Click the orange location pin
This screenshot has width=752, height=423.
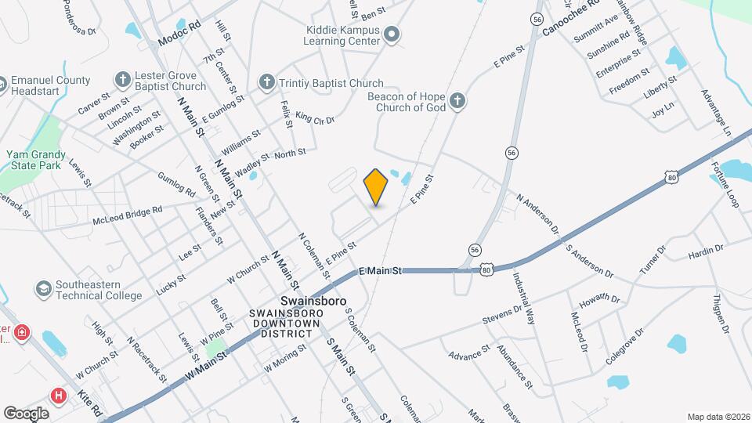tap(376, 186)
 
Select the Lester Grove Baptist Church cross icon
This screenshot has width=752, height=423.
tap(122, 79)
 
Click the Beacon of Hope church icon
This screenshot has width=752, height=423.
tap(458, 100)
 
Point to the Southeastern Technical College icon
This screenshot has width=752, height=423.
tap(44, 289)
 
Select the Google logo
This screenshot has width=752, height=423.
tap(26, 413)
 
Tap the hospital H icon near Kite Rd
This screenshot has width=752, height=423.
tap(58, 395)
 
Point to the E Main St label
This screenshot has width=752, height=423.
tap(380, 270)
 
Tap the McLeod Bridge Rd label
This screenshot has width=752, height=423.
tap(127, 215)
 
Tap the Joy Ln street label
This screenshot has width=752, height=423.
tap(663, 110)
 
